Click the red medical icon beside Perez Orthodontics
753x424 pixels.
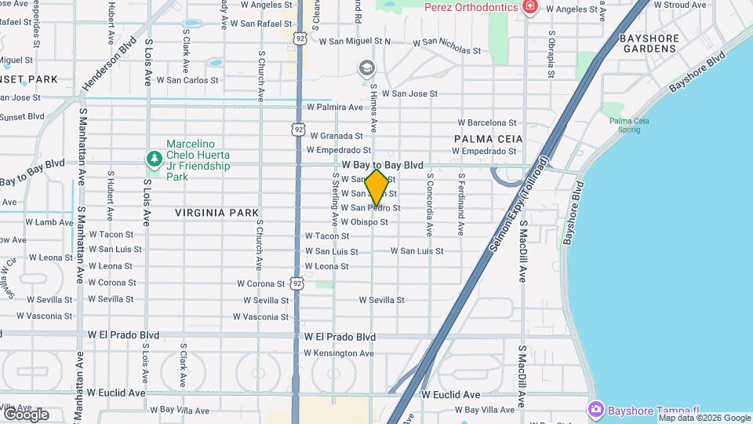click(x=531, y=7)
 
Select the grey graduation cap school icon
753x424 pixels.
click(x=366, y=68)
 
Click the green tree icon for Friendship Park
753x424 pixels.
click(x=155, y=159)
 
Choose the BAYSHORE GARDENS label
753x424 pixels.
click(x=648, y=43)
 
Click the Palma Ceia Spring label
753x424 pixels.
click(x=631, y=124)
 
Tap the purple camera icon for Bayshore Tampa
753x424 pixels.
click(x=595, y=409)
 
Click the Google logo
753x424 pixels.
click(x=26, y=415)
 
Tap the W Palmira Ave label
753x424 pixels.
click(x=334, y=107)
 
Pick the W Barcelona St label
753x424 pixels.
click(x=487, y=122)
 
